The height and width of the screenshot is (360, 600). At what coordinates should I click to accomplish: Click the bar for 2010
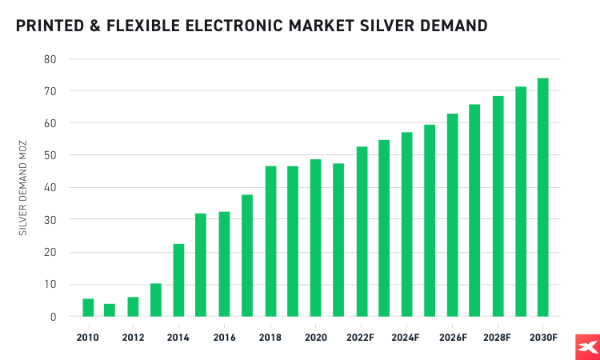(x=88, y=308)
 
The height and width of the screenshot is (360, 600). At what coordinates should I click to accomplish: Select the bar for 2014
(x=179, y=280)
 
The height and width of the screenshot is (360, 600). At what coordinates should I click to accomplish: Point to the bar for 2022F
(x=361, y=232)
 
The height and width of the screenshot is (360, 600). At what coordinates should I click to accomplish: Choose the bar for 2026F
(x=452, y=215)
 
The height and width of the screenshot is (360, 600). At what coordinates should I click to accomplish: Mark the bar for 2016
(x=225, y=264)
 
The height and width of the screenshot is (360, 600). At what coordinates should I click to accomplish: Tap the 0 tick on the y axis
(x=53, y=317)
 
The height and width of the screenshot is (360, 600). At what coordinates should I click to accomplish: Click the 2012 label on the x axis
(x=134, y=337)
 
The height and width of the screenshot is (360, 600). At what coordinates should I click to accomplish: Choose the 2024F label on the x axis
(x=406, y=337)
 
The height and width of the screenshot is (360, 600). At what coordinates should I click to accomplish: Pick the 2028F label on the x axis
(x=497, y=337)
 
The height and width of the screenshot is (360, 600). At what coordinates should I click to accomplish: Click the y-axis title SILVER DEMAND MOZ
(x=23, y=188)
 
